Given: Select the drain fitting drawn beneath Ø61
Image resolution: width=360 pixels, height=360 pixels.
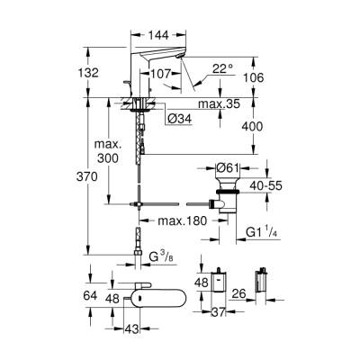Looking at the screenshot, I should (x=228, y=194).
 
